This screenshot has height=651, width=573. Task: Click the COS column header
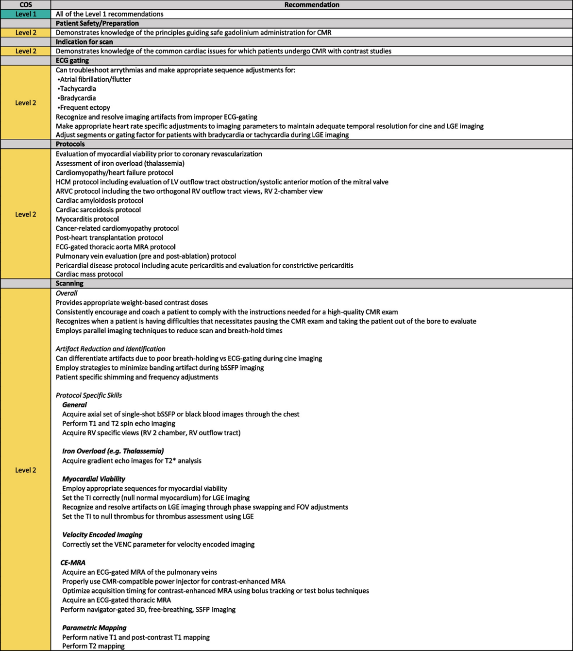tap(25, 5)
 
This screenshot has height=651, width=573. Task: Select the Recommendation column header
tap(311, 5)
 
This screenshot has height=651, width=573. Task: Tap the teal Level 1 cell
tap(25, 14)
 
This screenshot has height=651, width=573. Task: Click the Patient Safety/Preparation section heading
tap(97, 23)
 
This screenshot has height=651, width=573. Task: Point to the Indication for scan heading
tap(84, 42)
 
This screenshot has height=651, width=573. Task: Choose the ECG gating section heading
tap(72, 61)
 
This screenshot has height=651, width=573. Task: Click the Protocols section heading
tap(70, 144)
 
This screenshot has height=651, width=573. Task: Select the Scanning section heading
tap(69, 283)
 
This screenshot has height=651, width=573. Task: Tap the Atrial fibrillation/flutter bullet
tap(94, 79)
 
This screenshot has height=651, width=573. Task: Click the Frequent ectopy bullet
tap(84, 107)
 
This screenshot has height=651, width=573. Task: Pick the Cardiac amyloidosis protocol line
tap(100, 201)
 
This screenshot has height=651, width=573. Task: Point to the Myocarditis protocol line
tap(87, 219)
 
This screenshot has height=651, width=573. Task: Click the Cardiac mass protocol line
tap(89, 274)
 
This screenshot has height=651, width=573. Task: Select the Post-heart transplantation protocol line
tap(109, 238)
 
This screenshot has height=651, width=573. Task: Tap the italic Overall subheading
tap(67, 293)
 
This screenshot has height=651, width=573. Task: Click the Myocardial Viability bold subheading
tap(94, 479)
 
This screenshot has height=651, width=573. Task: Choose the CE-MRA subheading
tap(73, 563)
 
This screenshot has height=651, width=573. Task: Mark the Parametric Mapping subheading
tap(94, 628)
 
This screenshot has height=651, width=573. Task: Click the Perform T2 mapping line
tap(93, 646)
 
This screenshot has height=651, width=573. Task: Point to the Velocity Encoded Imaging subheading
tap(102, 535)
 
